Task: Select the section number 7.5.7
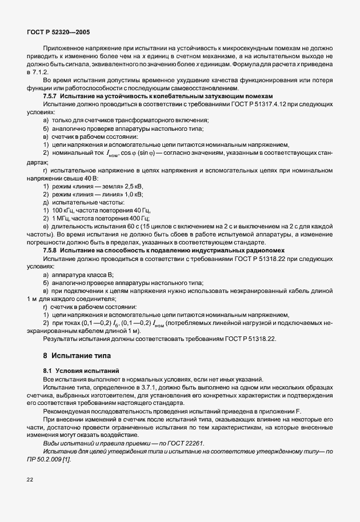pyautogui.click(x=50, y=97)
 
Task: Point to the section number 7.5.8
pyautogui.click(x=50, y=251)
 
